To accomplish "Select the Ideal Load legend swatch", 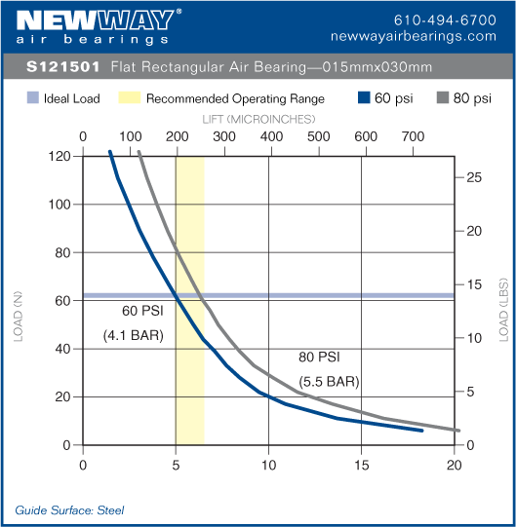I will coord(32,98).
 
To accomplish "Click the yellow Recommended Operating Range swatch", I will coord(129,98).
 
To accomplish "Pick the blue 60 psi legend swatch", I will coord(365,98).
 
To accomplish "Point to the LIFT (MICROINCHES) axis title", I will coord(258,118).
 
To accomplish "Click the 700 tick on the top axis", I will coord(413,136).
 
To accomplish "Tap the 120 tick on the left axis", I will coord(60,156).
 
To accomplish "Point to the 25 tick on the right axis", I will coord(472,177).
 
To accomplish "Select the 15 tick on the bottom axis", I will coord(362,465).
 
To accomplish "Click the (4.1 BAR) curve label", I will coord(133,336).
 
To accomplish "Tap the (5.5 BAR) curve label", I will coord(328,380).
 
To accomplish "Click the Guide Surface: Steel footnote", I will coord(69,509).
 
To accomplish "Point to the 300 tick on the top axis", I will coord(223,136).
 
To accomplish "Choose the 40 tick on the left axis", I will coord(63,349).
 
